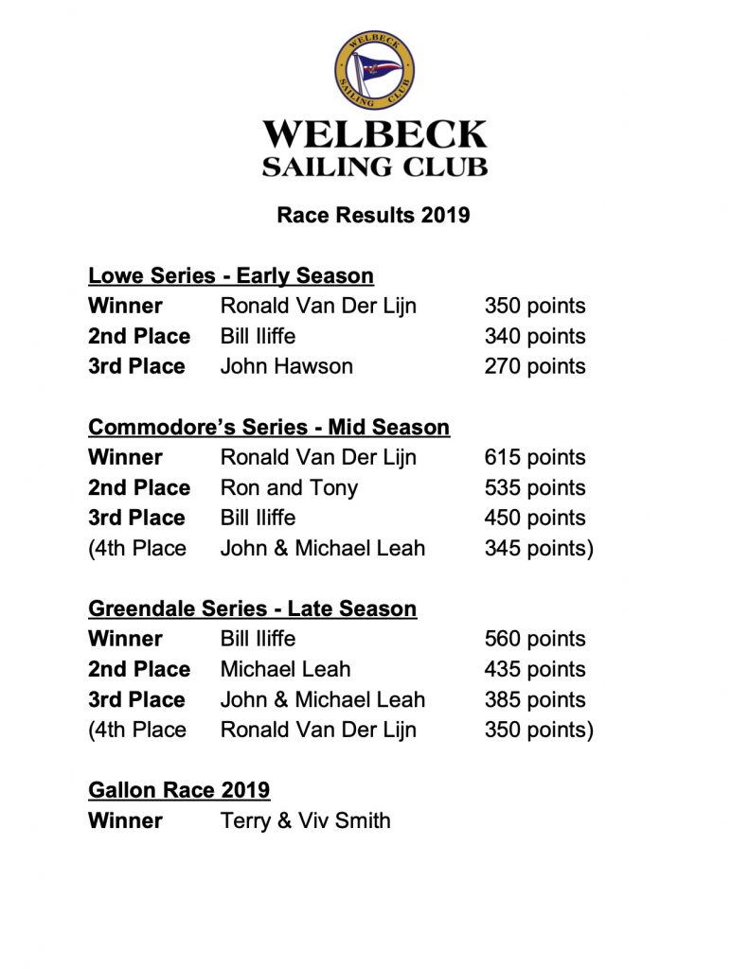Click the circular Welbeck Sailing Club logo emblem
[x=374, y=70]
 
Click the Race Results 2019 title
[x=373, y=215]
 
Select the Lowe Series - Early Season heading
[x=230, y=275]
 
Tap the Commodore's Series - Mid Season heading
[x=268, y=427]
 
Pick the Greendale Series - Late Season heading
[x=252, y=608]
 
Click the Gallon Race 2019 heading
[x=179, y=790]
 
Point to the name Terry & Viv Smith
[x=305, y=820]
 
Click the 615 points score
[x=534, y=457]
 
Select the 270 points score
[x=534, y=366]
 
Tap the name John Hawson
[x=286, y=366]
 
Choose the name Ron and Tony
[x=289, y=487]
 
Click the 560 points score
[x=534, y=639]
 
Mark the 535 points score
[x=534, y=487]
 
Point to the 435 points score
[x=534, y=669]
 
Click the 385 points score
[x=534, y=699]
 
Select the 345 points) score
[x=538, y=548]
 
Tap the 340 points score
[x=534, y=336]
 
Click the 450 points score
[x=534, y=518]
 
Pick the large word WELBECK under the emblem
[x=374, y=134]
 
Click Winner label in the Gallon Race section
[x=125, y=820]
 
